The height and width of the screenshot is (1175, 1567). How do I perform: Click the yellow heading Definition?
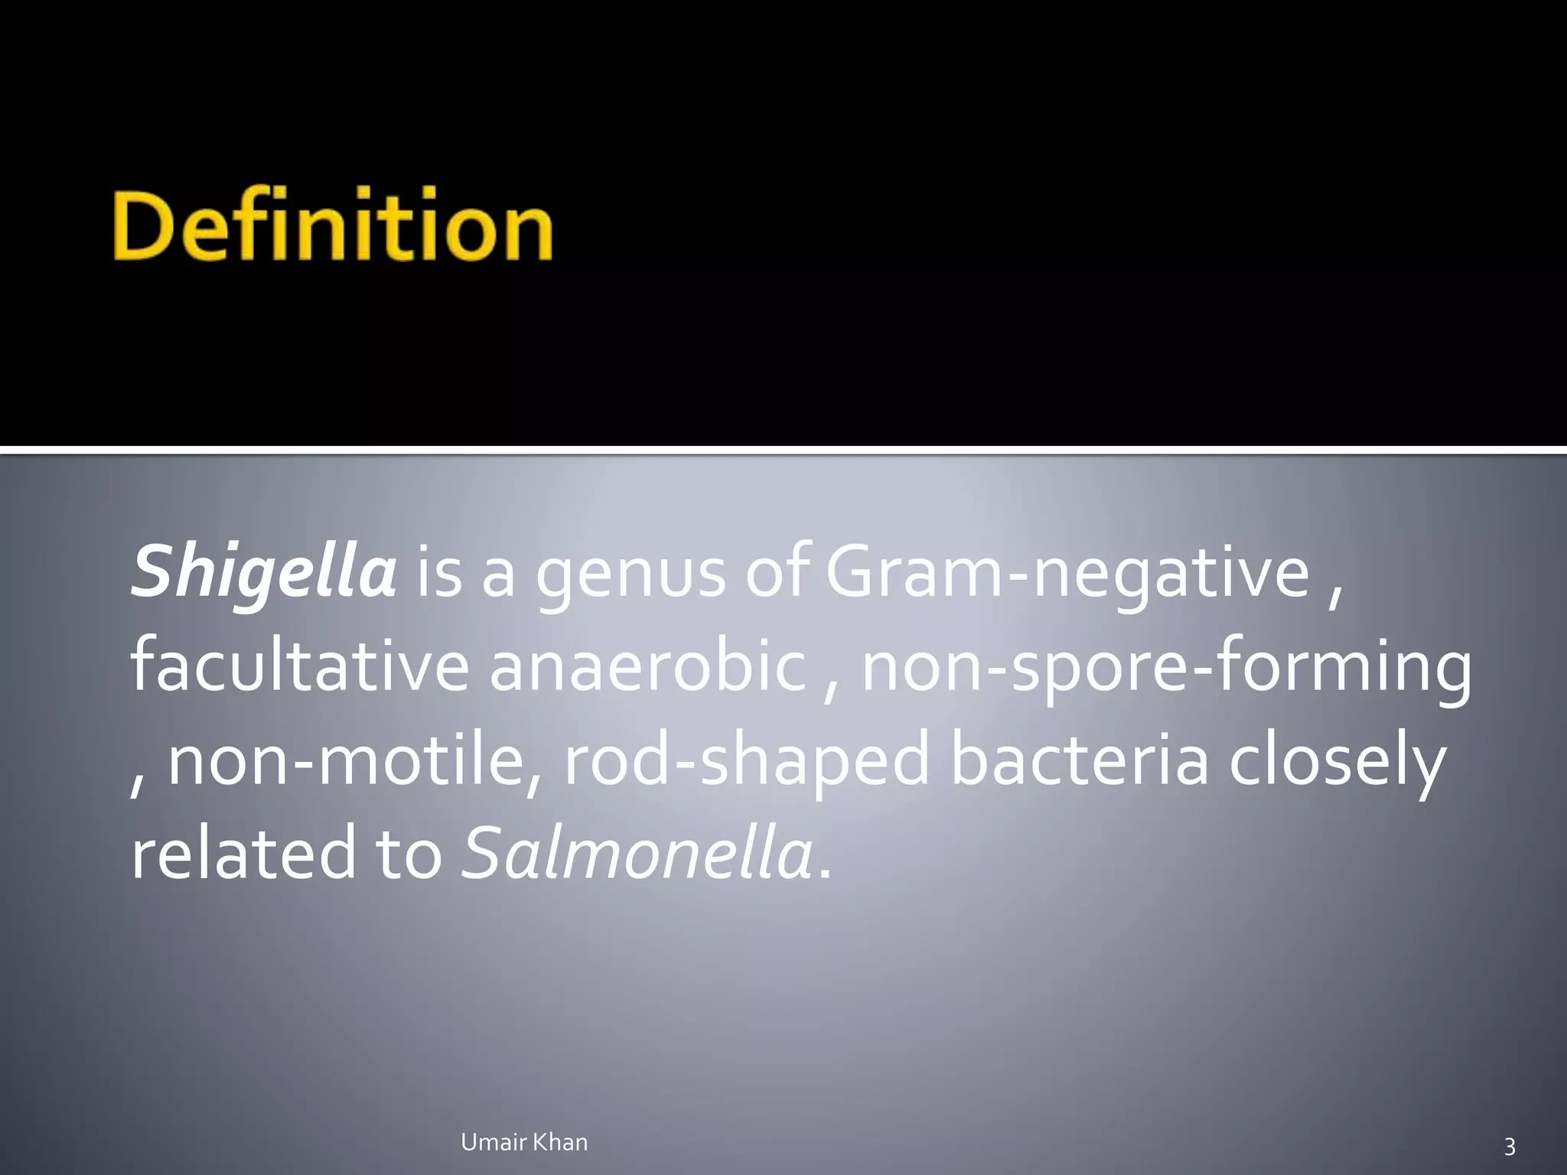pyautogui.click(x=333, y=226)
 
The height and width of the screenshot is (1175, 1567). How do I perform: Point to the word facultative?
pyautogui.click(x=299, y=667)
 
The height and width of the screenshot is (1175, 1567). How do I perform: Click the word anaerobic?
pyautogui.click(x=647, y=667)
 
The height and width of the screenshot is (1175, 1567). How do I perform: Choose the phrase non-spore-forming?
pyautogui.click(x=1166, y=667)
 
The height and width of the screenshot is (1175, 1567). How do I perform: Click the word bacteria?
pyautogui.click(x=1079, y=761)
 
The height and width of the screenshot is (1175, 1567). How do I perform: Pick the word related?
pyautogui.click(x=243, y=854)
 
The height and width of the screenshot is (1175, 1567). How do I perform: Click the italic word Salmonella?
pyautogui.click(x=637, y=854)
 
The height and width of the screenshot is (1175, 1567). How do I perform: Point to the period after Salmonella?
pyautogui.click(x=824, y=872)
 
